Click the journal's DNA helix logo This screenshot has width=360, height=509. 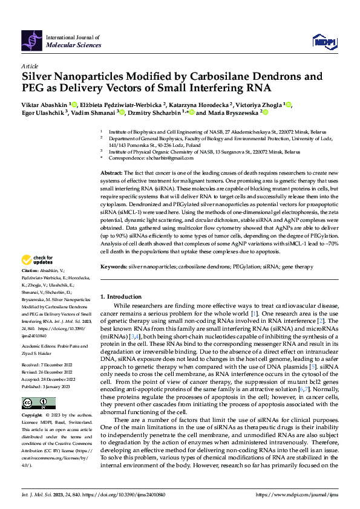click(x=33, y=40)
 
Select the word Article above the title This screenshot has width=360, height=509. click(x=30, y=66)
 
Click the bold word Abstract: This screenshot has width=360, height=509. click(x=111, y=173)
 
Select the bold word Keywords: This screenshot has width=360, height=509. click(x=113, y=266)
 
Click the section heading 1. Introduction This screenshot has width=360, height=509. click(x=120, y=297)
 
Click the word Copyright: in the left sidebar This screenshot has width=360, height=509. click(x=32, y=417)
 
